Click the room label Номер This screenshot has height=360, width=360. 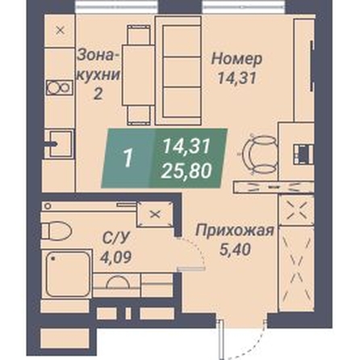pyautogui.click(x=237, y=60)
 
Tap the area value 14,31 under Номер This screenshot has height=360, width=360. pyautogui.click(x=237, y=78)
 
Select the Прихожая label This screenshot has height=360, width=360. pyautogui.click(x=235, y=232)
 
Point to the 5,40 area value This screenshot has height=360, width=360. pyautogui.click(x=235, y=249)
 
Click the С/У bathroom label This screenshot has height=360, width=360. pyautogui.click(x=115, y=238)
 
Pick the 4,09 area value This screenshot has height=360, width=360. pyautogui.click(x=115, y=257)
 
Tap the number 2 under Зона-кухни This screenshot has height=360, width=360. pyautogui.click(x=98, y=94)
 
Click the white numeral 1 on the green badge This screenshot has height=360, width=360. pyautogui.click(x=128, y=158)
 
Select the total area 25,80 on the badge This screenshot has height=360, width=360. pyautogui.click(x=186, y=171)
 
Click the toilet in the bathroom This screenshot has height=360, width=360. pyautogui.click(x=57, y=231)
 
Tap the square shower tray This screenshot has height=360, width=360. pyautogui.click(x=68, y=274)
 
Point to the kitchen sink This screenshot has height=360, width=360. pyautogui.click(x=61, y=144)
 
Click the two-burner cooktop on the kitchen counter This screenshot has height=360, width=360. pyautogui.click(x=60, y=87)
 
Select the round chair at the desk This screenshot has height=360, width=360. pyautogui.click(x=261, y=154)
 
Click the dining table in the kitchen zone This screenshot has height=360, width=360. pyautogui.click(x=138, y=75)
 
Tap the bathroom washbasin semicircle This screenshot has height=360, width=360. pyautogui.click(x=118, y=283)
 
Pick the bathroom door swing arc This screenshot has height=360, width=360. pyautogui.click(x=196, y=249)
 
